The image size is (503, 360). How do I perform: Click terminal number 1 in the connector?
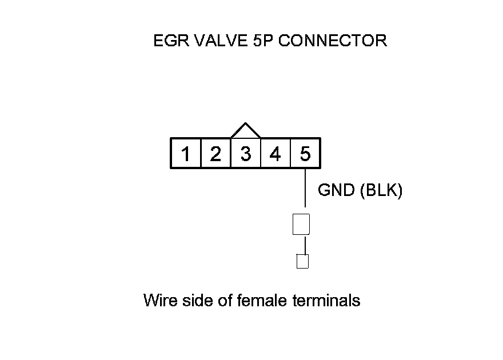(186, 154)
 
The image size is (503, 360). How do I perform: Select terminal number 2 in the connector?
(215, 154)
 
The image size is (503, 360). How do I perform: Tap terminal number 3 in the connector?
(245, 154)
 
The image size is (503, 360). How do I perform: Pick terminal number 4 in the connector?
(275, 154)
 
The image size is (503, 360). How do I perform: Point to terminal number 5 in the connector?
(305, 154)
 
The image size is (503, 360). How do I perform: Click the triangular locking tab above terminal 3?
(245, 131)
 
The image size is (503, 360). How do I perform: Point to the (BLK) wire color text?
(381, 190)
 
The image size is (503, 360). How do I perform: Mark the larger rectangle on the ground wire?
(301, 224)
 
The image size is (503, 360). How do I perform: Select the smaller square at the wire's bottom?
(302, 261)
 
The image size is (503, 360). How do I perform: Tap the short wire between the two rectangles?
(305, 245)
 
